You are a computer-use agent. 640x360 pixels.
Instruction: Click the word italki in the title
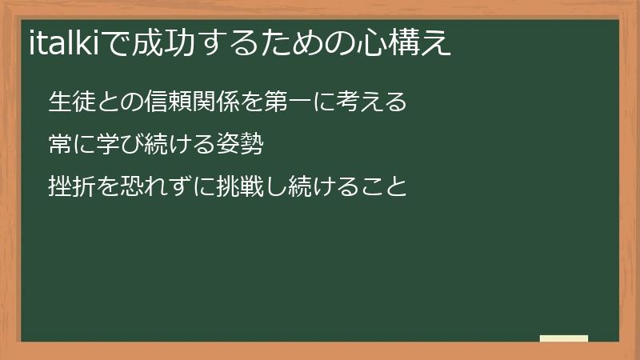(x=64, y=42)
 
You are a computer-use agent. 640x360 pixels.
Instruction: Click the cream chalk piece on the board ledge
(x=564, y=338)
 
